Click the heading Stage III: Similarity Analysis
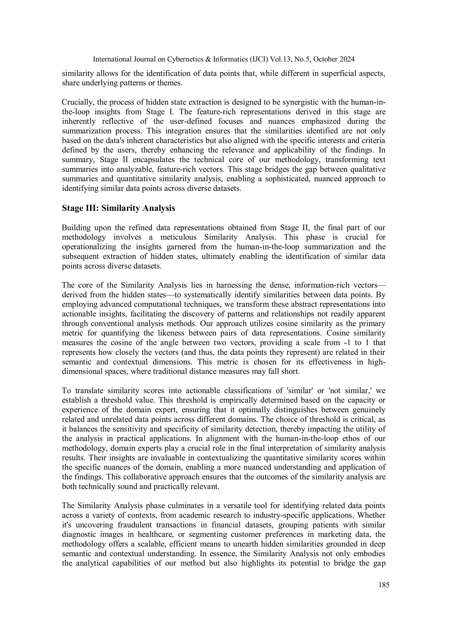point(118,208)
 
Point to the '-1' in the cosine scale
point(348,343)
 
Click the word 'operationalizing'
point(89,247)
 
